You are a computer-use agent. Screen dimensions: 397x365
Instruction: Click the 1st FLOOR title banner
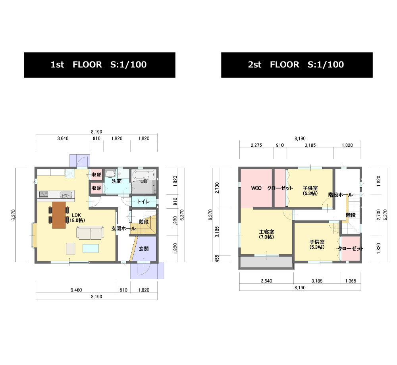[x=100, y=65]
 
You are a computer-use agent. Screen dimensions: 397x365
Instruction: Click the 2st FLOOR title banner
[x=297, y=65]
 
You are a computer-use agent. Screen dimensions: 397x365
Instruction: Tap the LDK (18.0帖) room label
[x=76, y=218]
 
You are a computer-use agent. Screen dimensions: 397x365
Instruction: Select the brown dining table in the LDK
[x=59, y=215]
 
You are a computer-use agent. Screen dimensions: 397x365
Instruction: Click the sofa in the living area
[x=90, y=232]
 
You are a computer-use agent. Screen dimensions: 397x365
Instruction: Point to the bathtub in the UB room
[x=144, y=175]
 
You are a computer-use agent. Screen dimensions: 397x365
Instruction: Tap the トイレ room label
[x=144, y=202]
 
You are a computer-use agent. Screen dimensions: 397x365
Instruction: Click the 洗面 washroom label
[x=117, y=181]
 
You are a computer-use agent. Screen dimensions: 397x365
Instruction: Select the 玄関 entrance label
[x=144, y=249]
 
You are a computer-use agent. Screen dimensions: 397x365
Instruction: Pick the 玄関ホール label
[x=123, y=229]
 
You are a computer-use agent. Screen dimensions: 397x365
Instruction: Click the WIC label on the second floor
[x=256, y=188]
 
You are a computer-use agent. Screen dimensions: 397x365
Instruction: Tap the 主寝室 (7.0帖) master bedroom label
[x=266, y=234]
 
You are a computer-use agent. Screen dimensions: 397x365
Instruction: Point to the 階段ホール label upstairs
[x=341, y=195]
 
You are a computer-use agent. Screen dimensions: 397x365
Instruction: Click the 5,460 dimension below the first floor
[x=76, y=290]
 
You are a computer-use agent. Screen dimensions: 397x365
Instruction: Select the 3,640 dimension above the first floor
[x=63, y=138]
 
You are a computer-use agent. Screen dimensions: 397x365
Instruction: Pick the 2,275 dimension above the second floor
[x=256, y=145]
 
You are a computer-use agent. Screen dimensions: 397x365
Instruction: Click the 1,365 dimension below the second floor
[x=351, y=281]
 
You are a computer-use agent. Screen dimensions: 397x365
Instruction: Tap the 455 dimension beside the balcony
[x=217, y=259]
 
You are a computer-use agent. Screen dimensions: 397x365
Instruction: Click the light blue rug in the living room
[x=91, y=248]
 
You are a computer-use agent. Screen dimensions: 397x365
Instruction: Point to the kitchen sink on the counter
[x=66, y=195]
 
